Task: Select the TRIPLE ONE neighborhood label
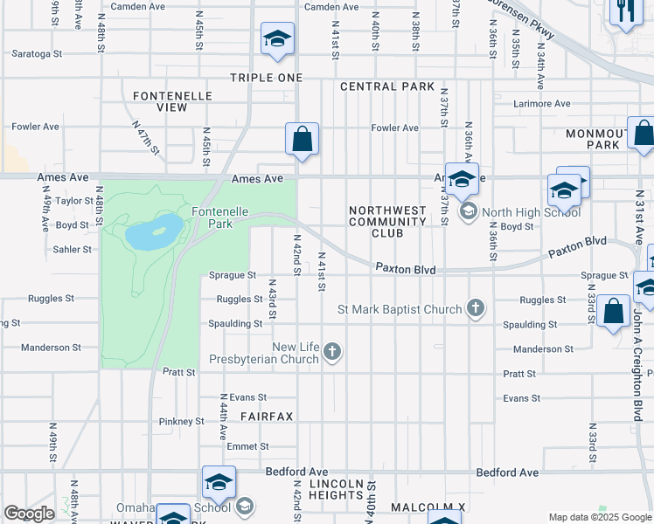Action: [x=266, y=78]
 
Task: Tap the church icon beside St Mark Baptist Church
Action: [x=475, y=307]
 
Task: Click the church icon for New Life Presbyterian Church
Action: [x=331, y=352]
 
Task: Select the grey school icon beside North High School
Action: [x=468, y=210]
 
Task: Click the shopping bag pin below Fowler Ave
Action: [x=302, y=140]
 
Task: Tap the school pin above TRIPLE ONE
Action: [x=277, y=39]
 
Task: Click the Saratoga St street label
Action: [x=37, y=53]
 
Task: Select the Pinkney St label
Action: [x=181, y=421]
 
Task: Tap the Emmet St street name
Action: [x=241, y=446]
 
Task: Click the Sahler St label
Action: [x=73, y=249]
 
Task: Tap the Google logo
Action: [x=29, y=514]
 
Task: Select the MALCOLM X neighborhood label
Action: [x=428, y=507]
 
